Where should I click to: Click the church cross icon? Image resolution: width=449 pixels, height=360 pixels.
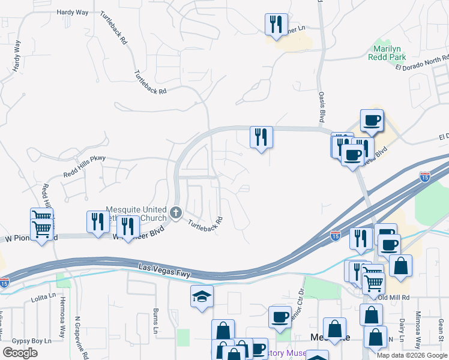(176, 212)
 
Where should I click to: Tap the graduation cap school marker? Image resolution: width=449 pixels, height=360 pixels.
(202, 296)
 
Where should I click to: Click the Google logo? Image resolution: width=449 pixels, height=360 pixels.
(20, 353)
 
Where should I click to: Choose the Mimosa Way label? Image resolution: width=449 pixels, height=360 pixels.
(418, 326)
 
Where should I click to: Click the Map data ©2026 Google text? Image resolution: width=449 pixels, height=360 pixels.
(411, 355)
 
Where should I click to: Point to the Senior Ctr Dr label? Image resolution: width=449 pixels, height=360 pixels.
(297, 313)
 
